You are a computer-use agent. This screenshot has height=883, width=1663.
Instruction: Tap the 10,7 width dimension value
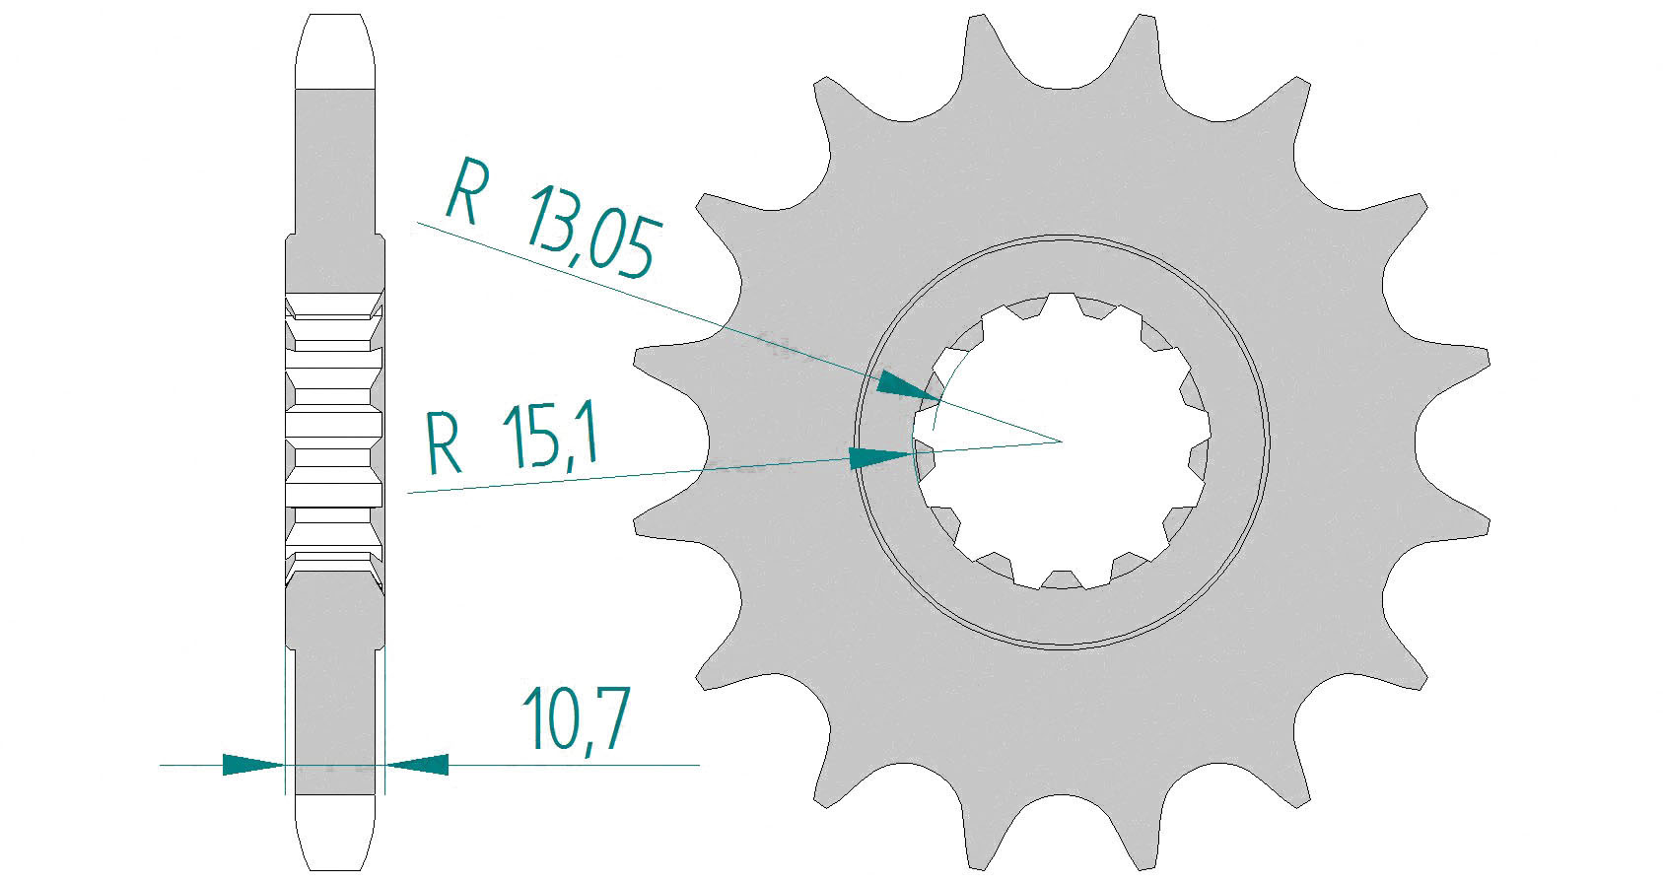point(576,717)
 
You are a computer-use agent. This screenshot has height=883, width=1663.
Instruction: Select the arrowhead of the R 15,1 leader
point(880,458)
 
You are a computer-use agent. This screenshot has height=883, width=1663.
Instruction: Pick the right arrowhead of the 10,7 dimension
point(417,765)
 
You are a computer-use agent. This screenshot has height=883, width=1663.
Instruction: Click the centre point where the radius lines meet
point(1062,441)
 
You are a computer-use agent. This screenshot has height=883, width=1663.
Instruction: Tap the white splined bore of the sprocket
point(1062,441)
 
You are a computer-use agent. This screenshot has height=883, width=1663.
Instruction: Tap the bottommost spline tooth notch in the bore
point(1062,579)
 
